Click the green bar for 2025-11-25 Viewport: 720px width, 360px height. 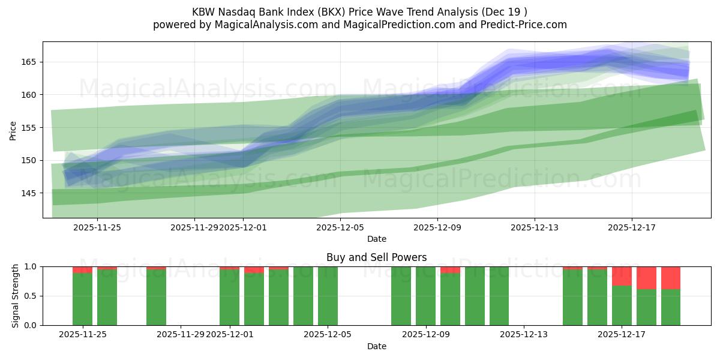[x=82, y=299]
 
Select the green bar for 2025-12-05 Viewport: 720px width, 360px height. [x=328, y=296]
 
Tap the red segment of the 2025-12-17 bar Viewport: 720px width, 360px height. [x=622, y=276]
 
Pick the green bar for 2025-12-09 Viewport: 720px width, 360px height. [x=425, y=296]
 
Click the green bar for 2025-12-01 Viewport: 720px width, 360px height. [x=229, y=297]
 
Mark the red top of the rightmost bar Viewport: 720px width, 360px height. [x=671, y=278]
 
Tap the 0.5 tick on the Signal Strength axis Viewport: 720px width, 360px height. [x=31, y=296]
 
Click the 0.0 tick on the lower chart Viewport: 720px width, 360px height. [x=31, y=325]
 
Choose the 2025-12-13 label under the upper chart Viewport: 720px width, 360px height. [x=535, y=227]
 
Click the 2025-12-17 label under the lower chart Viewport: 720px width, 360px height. [x=622, y=335]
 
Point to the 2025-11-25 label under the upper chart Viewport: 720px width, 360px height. [x=97, y=227]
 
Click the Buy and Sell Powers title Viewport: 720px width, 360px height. [x=376, y=257]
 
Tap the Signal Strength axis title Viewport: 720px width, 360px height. [x=16, y=296]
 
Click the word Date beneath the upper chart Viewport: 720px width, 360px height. [x=376, y=239]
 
